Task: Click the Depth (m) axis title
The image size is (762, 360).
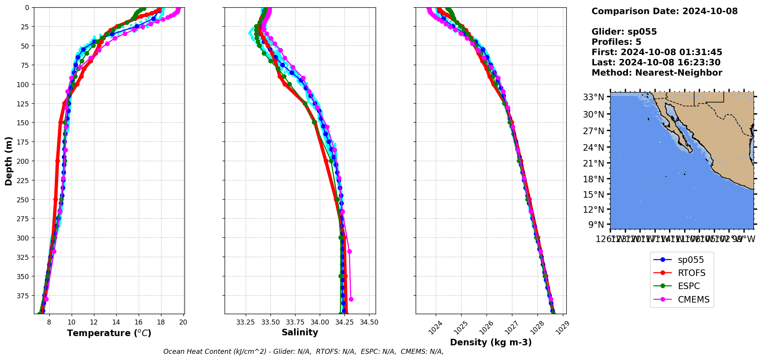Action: pyautogui.click(x=8, y=161)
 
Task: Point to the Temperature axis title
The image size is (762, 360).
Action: pyautogui.click(x=109, y=333)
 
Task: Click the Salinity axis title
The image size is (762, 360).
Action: pyautogui.click(x=300, y=332)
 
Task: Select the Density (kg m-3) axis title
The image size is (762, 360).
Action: pyautogui.click(x=491, y=342)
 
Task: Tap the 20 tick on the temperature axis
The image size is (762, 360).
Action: pyautogui.click(x=183, y=322)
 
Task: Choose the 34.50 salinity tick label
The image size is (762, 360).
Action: pyautogui.click(x=369, y=322)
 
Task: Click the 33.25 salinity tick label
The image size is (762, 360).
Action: pyautogui.click(x=246, y=322)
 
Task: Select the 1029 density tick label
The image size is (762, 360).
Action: pyautogui.click(x=562, y=327)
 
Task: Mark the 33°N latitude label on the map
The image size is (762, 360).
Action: pyautogui.click(x=593, y=97)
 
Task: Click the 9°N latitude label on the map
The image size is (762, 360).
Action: pyautogui.click(x=596, y=225)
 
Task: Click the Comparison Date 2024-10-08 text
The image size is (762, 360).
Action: pyautogui.click(x=665, y=11)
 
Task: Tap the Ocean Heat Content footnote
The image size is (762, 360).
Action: pyautogui.click(x=303, y=352)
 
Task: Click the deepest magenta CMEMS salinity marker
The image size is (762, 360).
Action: pyautogui.click(x=351, y=299)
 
